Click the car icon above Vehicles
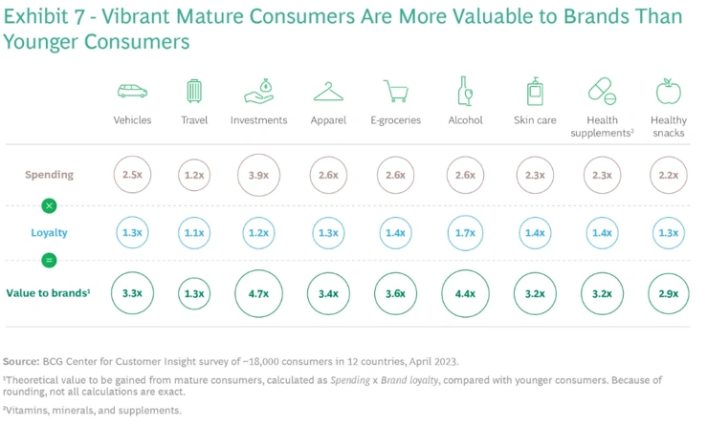click(x=132, y=92)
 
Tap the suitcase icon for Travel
click(x=194, y=92)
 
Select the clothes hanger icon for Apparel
click(x=328, y=92)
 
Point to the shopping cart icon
click(x=396, y=92)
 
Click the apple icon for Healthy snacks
click(x=668, y=92)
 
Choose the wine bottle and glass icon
click(x=465, y=92)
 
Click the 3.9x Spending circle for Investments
click(x=258, y=176)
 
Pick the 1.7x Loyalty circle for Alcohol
click(x=465, y=232)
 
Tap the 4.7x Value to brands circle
click(x=258, y=293)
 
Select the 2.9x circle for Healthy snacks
click(x=668, y=293)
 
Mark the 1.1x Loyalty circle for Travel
click(x=194, y=232)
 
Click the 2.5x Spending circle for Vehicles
click(x=132, y=176)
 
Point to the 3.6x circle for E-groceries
click(x=396, y=293)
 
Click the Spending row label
click(x=50, y=176)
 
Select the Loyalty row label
click(x=50, y=232)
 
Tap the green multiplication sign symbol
click(x=50, y=205)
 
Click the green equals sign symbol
click(x=50, y=261)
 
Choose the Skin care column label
click(x=534, y=120)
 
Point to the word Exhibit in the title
click(x=35, y=16)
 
